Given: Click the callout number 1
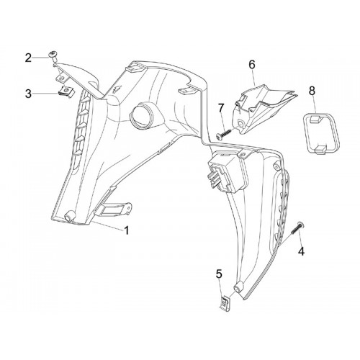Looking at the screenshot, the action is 127,230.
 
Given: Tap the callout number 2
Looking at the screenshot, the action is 28,58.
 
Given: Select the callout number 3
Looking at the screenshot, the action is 28,94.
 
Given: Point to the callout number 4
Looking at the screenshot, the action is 301,251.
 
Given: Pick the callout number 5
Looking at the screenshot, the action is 219,274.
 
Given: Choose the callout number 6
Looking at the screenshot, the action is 252,65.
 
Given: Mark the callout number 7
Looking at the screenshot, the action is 221,109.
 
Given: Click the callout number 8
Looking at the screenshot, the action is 312,91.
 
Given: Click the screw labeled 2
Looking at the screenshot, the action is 52,55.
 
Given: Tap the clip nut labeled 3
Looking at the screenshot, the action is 66,92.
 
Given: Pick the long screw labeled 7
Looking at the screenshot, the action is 224,134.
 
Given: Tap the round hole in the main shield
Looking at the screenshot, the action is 141,114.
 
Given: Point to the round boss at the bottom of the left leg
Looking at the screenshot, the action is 70,215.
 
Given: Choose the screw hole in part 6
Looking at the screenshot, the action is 240,123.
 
